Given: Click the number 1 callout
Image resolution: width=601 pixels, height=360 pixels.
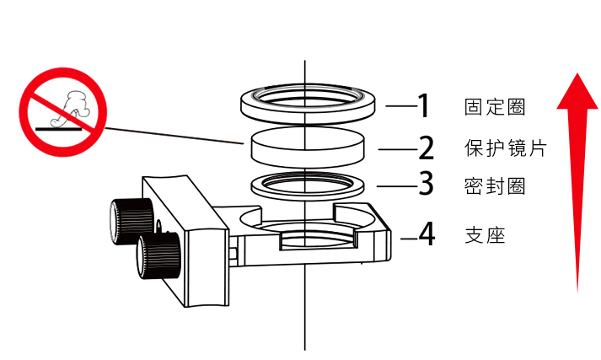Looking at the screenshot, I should [424, 106].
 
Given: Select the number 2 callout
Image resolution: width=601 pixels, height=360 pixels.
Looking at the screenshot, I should [427, 148].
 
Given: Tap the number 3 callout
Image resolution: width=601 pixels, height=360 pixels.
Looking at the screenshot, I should [427, 183].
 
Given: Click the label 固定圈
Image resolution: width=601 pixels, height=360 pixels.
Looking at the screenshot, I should [495, 107].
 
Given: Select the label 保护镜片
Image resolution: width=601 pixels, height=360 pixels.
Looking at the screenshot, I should [506, 148].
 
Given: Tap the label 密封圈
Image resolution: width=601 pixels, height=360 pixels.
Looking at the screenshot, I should [495, 185].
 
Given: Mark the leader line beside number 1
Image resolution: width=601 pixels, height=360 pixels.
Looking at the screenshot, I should [400, 106].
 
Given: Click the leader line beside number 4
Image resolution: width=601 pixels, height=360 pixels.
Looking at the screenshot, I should [408, 239].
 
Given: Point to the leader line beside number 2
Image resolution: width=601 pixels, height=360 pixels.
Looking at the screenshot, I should [396, 150].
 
